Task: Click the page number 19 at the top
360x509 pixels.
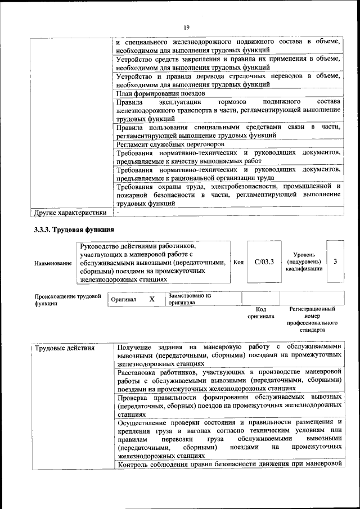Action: point(186,27)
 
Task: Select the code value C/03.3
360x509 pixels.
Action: point(264,262)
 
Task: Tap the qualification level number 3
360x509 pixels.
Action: point(335,262)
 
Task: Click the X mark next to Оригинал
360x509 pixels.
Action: point(152,299)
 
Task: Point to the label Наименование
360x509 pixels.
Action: point(53,263)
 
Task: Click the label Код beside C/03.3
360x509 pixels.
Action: point(238,262)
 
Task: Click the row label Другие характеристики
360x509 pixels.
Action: point(70,213)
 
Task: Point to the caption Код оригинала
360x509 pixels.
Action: point(260,313)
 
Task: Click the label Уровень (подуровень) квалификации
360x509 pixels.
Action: point(304,262)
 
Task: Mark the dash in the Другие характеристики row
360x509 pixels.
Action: point(118,213)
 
